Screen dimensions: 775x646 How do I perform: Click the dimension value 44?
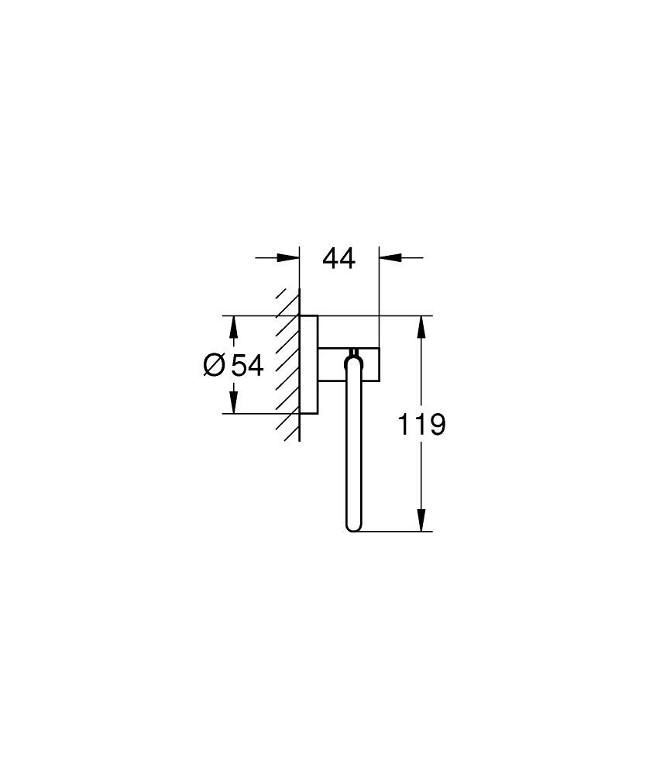[x=339, y=259]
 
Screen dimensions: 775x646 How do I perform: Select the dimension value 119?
[x=421, y=424]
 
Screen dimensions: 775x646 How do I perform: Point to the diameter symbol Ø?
[x=215, y=365]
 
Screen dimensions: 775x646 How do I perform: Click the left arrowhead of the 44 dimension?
[x=290, y=259]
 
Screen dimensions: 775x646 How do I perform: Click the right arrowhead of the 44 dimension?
[x=388, y=259]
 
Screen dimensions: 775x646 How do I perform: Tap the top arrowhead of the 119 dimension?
[x=421, y=326]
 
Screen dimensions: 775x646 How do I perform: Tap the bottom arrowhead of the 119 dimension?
[x=421, y=522]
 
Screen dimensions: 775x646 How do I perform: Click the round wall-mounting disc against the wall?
[x=308, y=364]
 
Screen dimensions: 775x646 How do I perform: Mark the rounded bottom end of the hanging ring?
[x=353, y=528]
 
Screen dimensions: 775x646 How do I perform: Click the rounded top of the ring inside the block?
[x=353, y=358]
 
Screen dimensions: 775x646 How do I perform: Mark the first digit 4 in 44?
[x=331, y=259]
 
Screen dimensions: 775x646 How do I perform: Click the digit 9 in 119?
[x=436, y=424]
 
